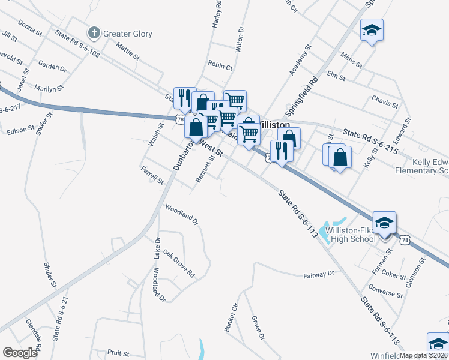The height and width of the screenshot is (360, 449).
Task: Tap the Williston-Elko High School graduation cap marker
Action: pyautogui.click(x=384, y=223)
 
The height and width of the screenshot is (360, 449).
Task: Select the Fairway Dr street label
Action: pyautogui.click(x=318, y=275)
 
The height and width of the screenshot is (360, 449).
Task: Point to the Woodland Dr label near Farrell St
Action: pyautogui.click(x=182, y=214)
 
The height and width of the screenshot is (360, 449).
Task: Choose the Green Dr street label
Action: pyautogui.click(x=257, y=328)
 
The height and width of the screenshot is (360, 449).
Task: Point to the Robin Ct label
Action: pyautogui.click(x=220, y=66)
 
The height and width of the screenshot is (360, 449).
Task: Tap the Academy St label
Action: pyautogui.click(x=300, y=59)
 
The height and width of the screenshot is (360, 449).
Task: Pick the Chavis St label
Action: pyautogui.click(x=385, y=100)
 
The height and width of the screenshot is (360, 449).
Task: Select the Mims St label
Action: pyautogui.click(x=351, y=59)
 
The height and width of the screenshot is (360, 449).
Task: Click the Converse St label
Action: pyautogui.click(x=387, y=294)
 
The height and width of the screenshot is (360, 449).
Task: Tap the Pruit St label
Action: pyautogui.click(x=119, y=353)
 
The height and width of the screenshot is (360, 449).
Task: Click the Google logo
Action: pyautogui.click(x=20, y=353)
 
